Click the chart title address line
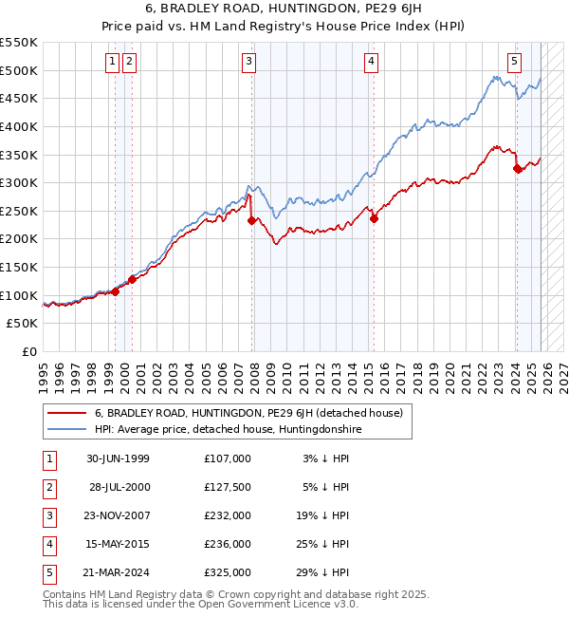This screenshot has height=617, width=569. click(284, 10)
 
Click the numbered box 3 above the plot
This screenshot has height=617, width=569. click(248, 63)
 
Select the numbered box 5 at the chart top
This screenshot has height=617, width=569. click(514, 63)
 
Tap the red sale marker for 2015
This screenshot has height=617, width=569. click(374, 218)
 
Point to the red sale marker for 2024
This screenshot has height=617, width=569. click(517, 169)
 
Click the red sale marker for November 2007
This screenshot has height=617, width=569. click(251, 220)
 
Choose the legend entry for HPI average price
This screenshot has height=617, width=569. click(228, 429)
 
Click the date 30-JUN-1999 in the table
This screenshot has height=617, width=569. click(118, 458)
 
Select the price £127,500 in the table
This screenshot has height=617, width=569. click(228, 487)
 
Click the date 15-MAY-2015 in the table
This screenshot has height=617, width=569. click(118, 544)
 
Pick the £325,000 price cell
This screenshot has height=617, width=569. click(228, 572)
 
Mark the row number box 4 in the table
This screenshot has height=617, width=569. click(48, 544)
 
